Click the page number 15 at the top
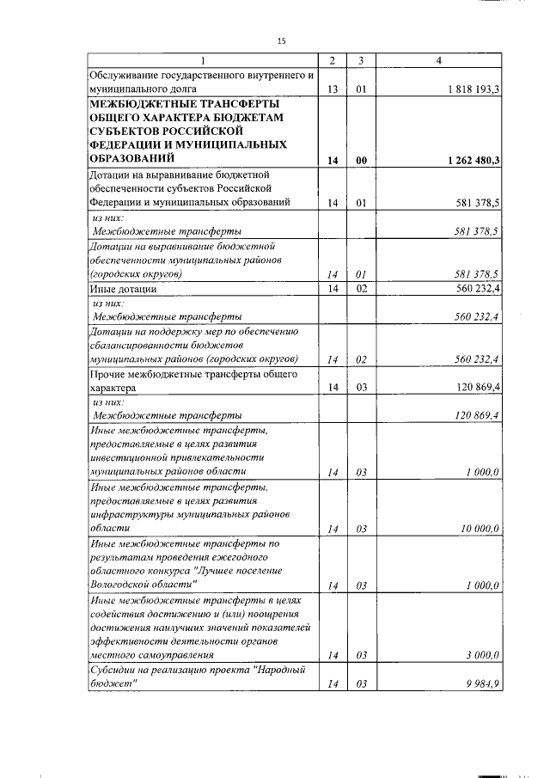[x=281, y=40]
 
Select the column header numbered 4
[x=438, y=61]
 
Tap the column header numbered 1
[x=203, y=61]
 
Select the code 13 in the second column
[x=332, y=89]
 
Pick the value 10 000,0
[x=480, y=528]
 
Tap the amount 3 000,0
[x=484, y=655]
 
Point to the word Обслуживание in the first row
[x=125, y=75]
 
